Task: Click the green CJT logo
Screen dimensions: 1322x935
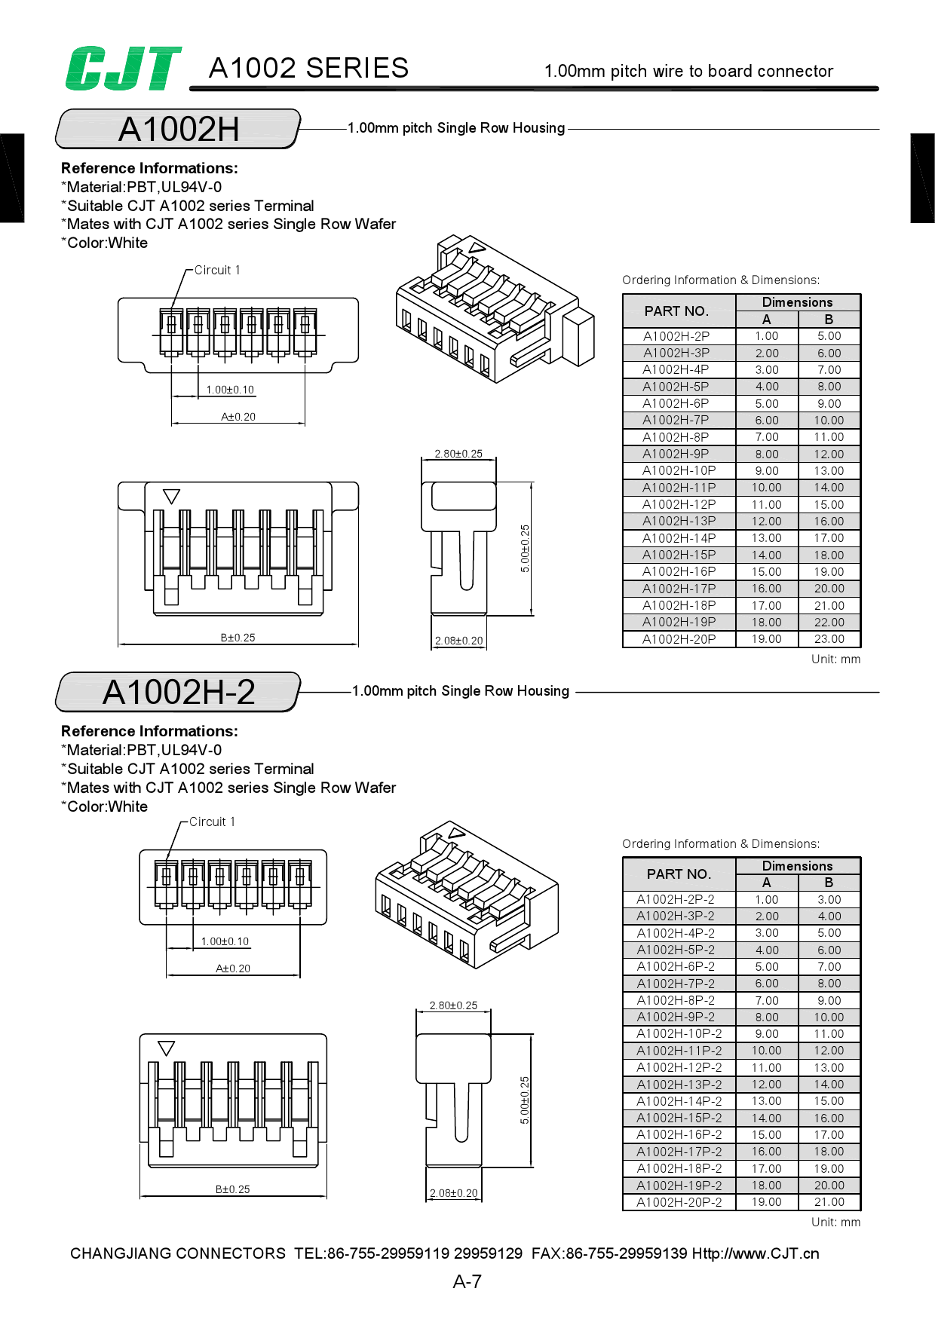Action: [123, 69]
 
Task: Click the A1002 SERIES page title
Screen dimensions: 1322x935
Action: [308, 69]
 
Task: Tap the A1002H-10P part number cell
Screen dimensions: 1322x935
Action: [679, 471]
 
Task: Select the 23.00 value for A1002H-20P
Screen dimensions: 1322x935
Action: [829, 639]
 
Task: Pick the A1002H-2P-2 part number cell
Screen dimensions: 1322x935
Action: [676, 899]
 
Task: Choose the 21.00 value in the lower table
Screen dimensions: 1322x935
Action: [829, 1202]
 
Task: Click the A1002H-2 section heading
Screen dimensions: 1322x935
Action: [179, 693]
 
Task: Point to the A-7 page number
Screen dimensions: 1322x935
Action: [467, 1281]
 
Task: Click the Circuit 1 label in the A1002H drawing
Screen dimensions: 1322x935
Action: [217, 271]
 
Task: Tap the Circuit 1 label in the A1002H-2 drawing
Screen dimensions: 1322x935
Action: [212, 822]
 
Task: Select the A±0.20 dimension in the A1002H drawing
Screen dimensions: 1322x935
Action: [238, 417]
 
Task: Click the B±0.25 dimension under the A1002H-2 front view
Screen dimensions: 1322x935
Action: [232, 1189]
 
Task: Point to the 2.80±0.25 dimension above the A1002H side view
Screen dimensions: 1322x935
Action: [458, 454]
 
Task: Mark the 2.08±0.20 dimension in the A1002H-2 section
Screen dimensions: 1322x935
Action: [453, 1193]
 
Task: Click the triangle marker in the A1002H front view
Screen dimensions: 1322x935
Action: [171, 497]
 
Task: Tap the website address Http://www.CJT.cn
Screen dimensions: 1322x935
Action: [756, 1253]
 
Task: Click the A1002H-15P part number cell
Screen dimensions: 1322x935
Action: [679, 555]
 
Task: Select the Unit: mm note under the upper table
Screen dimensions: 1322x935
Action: [835, 659]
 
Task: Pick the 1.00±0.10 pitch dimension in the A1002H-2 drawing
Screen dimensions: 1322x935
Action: [225, 941]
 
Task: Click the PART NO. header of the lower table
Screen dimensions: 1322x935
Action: [679, 874]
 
